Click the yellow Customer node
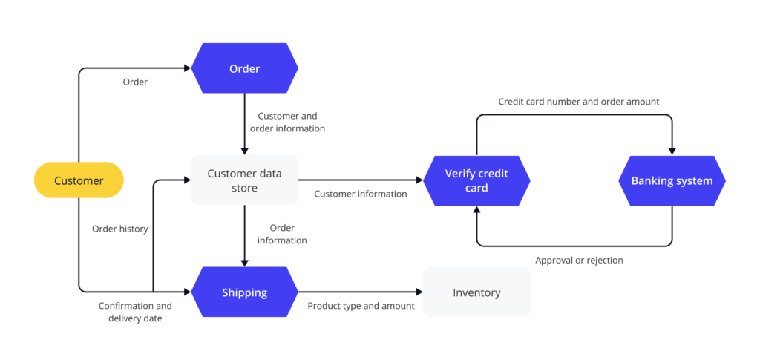coord(79,180)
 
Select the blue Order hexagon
coord(244,69)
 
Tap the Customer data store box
coord(244,180)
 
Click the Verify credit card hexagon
coord(476,180)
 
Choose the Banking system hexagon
coord(672,180)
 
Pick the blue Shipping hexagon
coord(244,292)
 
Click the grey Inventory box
coord(476,292)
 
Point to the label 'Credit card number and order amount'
coord(579,102)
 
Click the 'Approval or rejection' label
coord(579,261)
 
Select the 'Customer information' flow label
coord(361,194)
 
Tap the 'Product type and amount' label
coord(361,306)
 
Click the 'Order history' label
coord(120,229)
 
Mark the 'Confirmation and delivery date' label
coord(135,312)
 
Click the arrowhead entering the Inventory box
coord(419,292)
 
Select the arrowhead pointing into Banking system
coord(672,151)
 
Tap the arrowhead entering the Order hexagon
coord(187,69)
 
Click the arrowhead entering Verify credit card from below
coord(476,210)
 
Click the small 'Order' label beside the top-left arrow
coord(135,82)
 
